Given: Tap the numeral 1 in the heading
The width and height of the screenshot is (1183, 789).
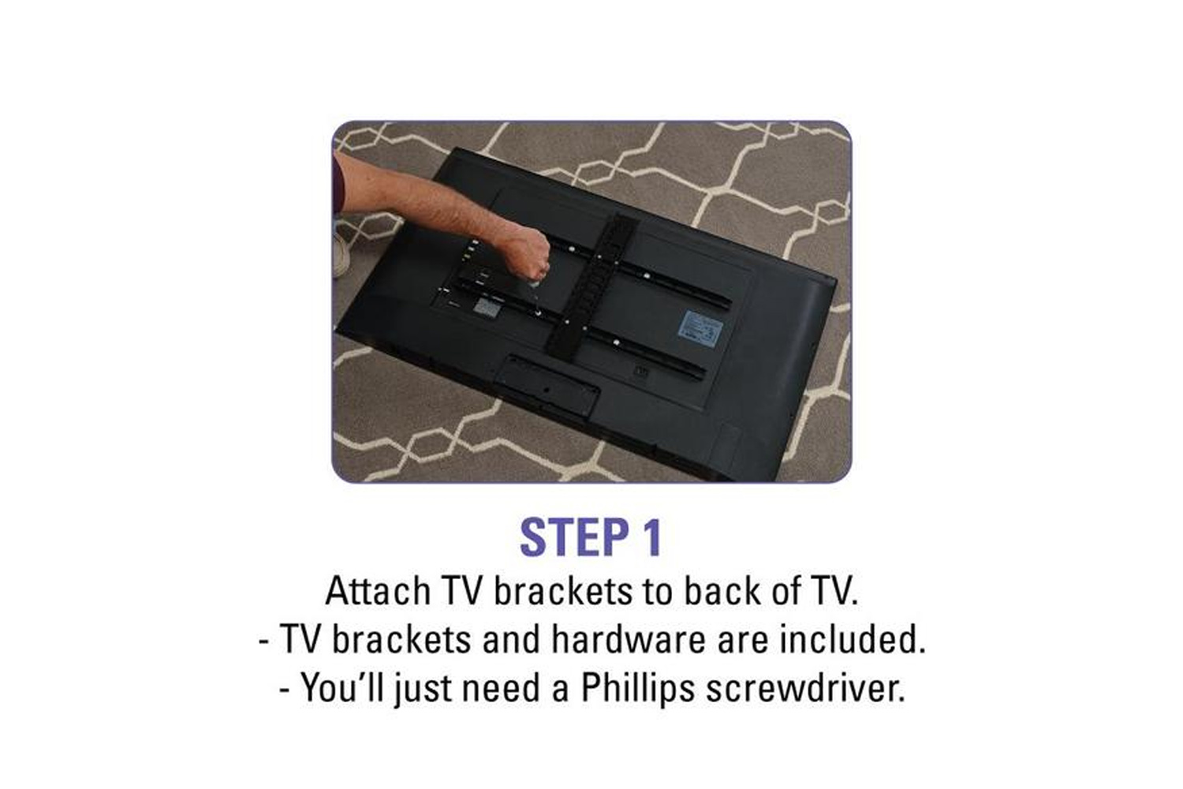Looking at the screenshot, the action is click(x=651, y=537).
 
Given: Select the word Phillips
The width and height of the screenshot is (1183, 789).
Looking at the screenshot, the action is click(x=638, y=689).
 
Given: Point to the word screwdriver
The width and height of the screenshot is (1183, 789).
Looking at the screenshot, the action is click(x=806, y=688).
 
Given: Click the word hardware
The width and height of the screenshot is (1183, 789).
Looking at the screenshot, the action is click(x=629, y=639).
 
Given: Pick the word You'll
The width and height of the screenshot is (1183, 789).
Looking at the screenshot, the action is click(x=342, y=687).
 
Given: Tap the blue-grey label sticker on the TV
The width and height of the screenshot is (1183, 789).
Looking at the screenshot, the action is click(x=700, y=329).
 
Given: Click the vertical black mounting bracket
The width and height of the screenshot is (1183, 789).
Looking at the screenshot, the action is click(x=592, y=286).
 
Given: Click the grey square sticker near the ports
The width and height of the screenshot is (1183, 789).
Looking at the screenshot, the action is click(x=487, y=307).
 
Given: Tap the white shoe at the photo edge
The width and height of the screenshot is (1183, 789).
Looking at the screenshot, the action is click(x=341, y=256).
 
